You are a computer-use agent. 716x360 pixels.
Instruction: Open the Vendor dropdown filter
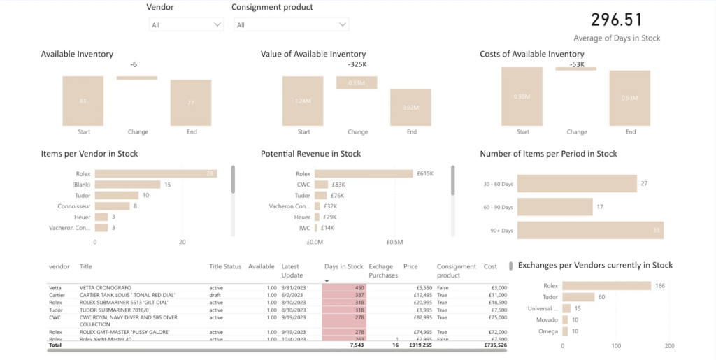pyautogui.click(x=185, y=24)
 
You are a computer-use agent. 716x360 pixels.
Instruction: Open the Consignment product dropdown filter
pyautogui.click(x=291, y=24)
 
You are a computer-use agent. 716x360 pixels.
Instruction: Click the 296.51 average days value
pyautogui.click(x=616, y=20)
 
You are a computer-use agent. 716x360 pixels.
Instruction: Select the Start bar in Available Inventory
pyautogui.click(x=83, y=101)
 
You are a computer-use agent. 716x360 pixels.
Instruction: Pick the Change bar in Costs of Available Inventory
pyautogui.click(x=576, y=68)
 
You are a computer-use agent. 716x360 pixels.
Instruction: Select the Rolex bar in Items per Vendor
pyautogui.click(x=155, y=173)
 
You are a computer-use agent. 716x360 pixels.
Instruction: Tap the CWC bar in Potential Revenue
pyautogui.click(x=321, y=185)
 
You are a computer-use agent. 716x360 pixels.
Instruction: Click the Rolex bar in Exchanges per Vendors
pyautogui.click(x=606, y=285)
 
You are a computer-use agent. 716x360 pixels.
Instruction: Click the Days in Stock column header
pyautogui.click(x=343, y=266)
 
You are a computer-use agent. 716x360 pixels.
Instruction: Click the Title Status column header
pyautogui.click(x=225, y=266)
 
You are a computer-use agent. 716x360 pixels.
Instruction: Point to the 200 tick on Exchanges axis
pyautogui.click(x=669, y=346)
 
